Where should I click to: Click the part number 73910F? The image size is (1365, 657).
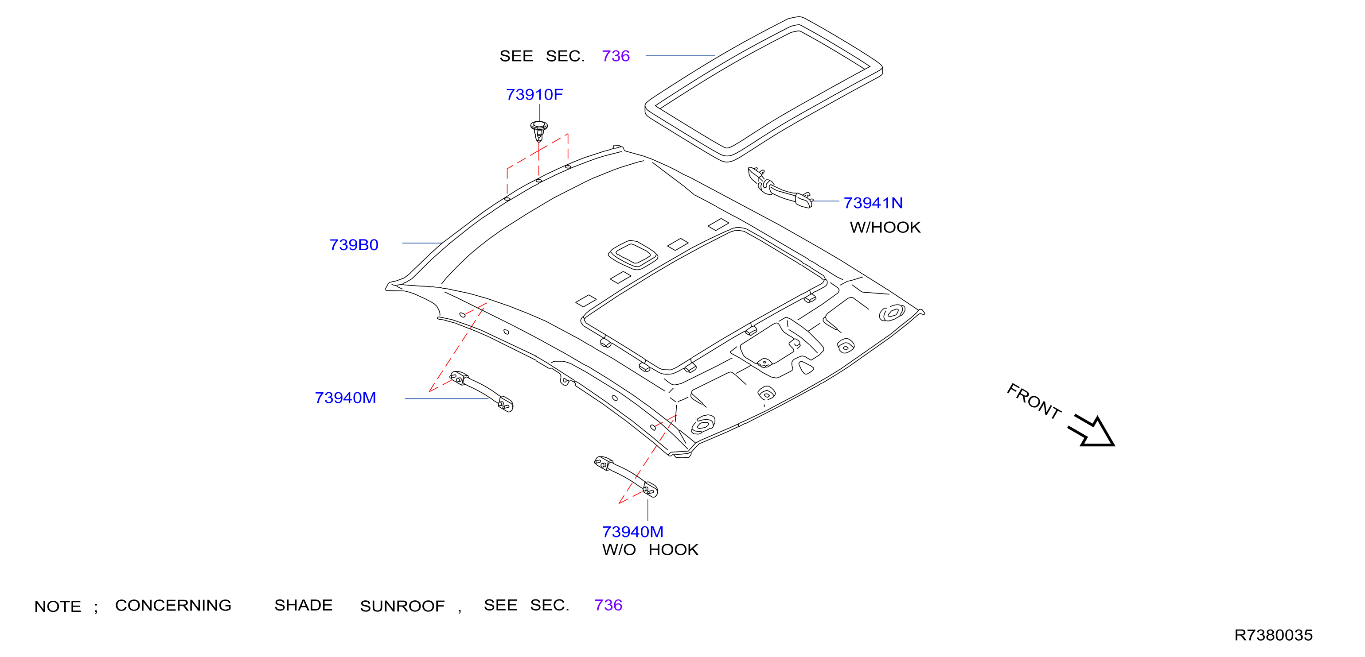[x=534, y=95]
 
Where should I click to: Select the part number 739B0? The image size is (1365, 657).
[x=354, y=245]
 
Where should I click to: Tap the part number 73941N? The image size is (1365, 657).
[x=873, y=203]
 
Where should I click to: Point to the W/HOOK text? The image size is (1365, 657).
[x=885, y=228]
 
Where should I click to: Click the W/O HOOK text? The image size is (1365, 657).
[x=650, y=549]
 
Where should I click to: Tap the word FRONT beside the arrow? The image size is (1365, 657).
[x=1034, y=401]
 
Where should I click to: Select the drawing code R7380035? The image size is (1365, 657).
[x=1273, y=635]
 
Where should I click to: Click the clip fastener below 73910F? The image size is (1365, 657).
[x=539, y=131]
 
